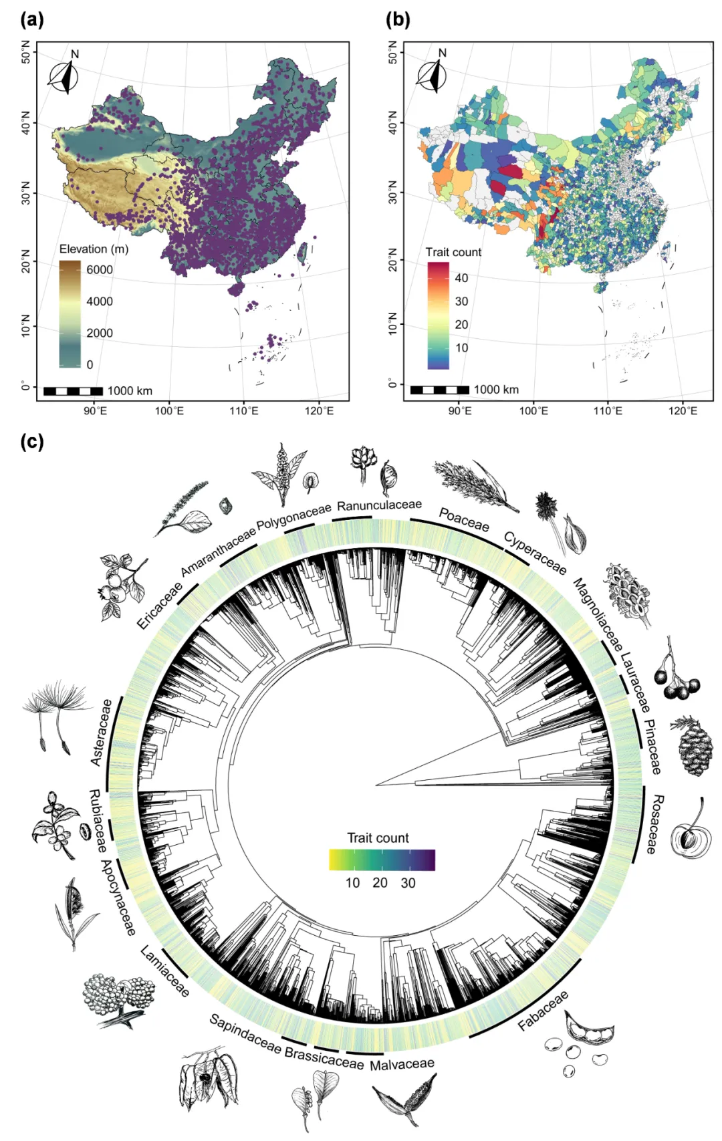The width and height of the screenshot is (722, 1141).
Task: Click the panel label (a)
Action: pos(32,19)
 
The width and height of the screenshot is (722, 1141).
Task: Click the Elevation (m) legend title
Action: pos(94,249)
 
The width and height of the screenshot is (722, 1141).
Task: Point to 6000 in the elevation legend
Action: pos(100,269)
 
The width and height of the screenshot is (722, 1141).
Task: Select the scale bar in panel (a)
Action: pos(73,391)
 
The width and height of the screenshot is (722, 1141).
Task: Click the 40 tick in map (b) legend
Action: pos(461,278)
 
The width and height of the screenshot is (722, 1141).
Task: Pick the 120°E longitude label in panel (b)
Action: pos(682,410)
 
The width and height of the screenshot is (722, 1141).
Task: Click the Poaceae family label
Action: pos(464,519)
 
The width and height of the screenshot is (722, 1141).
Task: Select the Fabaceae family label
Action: pos(543,1010)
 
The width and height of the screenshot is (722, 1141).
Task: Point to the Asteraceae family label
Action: pos(102,733)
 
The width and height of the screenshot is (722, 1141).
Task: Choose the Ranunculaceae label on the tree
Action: pos(379,505)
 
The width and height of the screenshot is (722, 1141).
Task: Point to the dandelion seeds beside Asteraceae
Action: pos(55,712)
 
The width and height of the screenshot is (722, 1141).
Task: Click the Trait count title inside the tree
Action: pos(378,838)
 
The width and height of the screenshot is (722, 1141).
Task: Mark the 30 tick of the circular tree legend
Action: pos(408,883)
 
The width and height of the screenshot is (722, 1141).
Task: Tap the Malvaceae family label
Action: pos(402,1064)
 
